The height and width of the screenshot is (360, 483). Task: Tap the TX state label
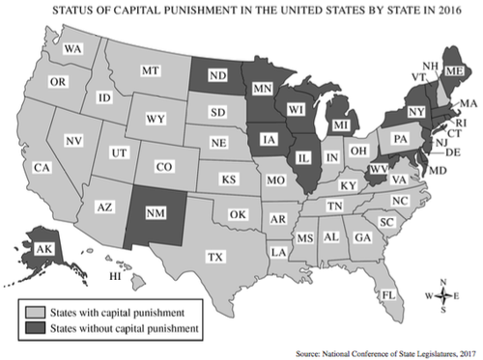(216, 258)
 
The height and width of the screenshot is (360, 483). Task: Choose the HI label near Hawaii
(113, 276)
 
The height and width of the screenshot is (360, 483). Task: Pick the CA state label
(42, 168)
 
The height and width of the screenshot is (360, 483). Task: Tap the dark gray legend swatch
(35, 329)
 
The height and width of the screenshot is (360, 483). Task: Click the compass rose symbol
(440, 296)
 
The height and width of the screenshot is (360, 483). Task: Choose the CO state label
(163, 167)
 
